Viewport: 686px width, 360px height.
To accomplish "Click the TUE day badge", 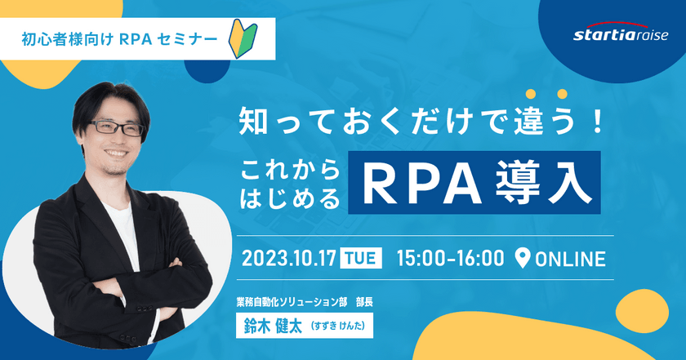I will pos(361,258).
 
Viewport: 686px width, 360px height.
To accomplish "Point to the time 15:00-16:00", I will pos(449,258).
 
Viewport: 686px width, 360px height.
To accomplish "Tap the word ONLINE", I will pos(570,259).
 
